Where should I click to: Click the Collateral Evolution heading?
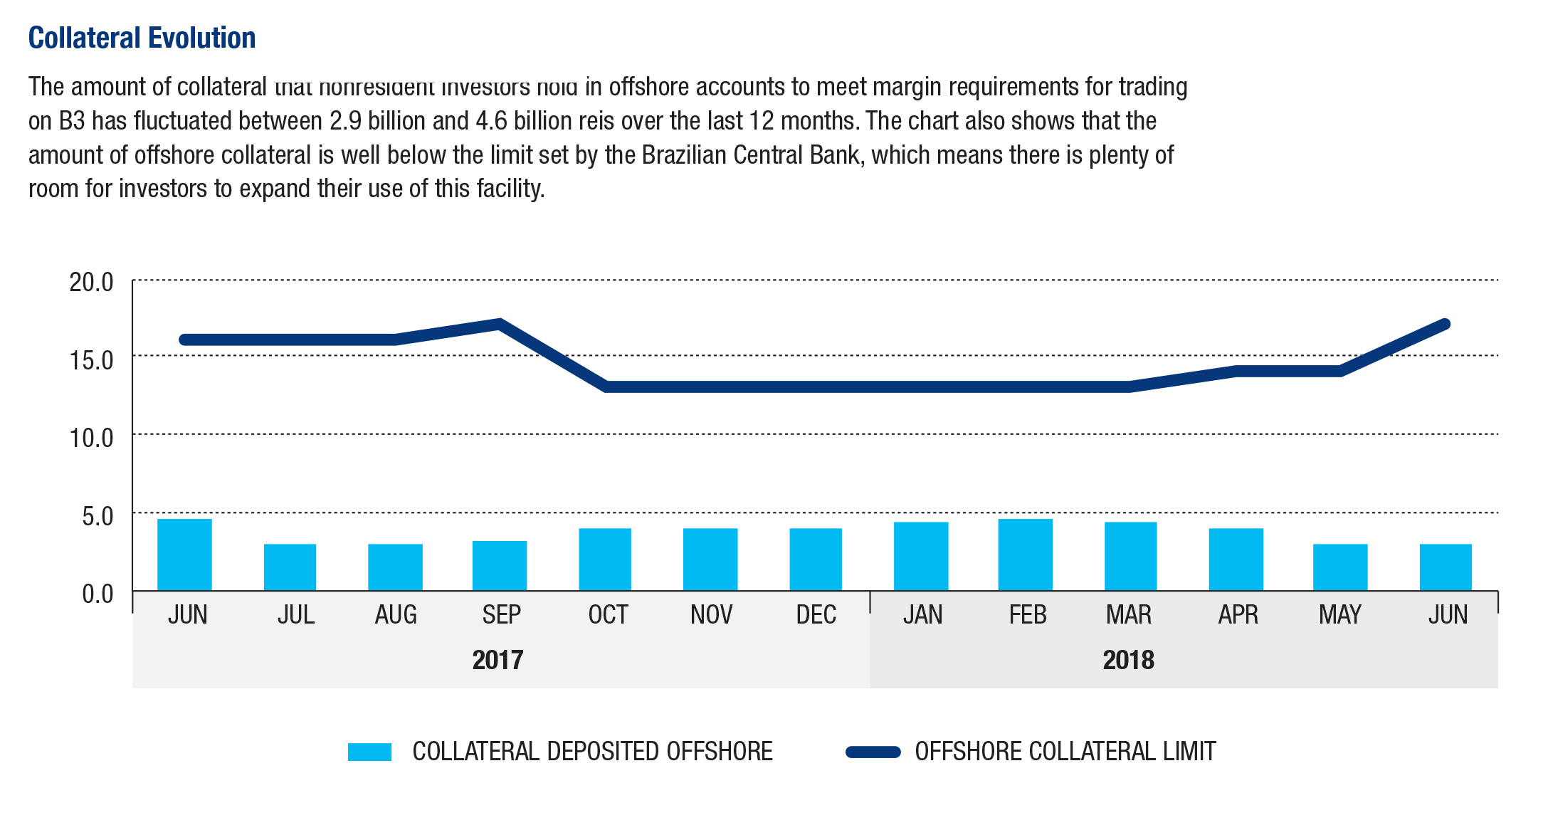coord(142,38)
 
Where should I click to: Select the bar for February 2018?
coord(1025,555)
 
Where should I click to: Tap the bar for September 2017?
coord(500,565)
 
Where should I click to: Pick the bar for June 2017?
coord(184,555)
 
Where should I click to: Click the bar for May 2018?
coord(1340,567)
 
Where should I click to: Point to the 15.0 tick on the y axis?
coord(91,360)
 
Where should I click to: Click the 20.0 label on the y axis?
coord(91,283)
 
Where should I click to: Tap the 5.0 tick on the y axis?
coord(97,516)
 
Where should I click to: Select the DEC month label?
coord(816,614)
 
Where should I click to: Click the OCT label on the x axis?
coord(608,614)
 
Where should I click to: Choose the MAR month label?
coord(1129,614)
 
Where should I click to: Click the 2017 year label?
coord(497,660)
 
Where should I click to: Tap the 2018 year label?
coord(1128,660)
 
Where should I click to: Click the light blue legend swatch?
coord(369,752)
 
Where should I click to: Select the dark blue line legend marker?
coord(873,752)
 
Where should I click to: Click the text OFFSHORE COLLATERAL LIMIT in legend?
coord(1065,752)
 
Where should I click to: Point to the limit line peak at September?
coord(500,324)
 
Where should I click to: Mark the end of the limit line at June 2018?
coord(1445,324)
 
